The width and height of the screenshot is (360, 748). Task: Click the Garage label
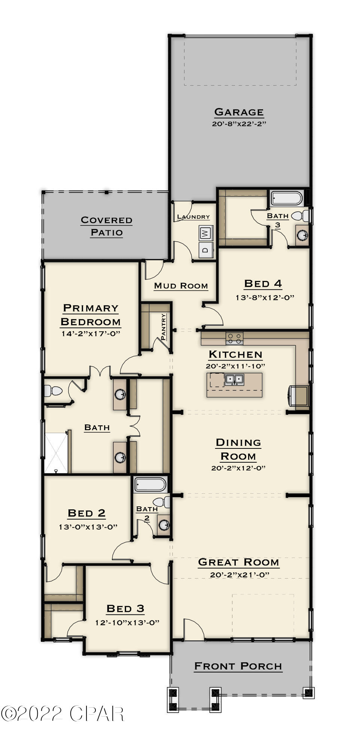click(239, 112)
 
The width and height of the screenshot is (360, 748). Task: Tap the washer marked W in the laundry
click(205, 233)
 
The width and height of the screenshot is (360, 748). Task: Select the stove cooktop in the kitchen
click(234, 339)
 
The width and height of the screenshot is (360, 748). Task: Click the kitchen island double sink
click(234, 380)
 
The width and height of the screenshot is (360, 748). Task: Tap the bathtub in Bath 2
click(150, 485)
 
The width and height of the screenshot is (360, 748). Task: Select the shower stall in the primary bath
click(56, 453)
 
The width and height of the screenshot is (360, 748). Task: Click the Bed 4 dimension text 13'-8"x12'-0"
click(265, 298)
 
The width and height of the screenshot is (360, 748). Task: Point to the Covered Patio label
click(107, 226)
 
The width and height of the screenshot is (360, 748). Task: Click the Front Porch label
click(238, 666)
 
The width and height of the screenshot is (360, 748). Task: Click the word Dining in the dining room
click(238, 442)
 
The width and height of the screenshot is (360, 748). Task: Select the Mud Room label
click(181, 286)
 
